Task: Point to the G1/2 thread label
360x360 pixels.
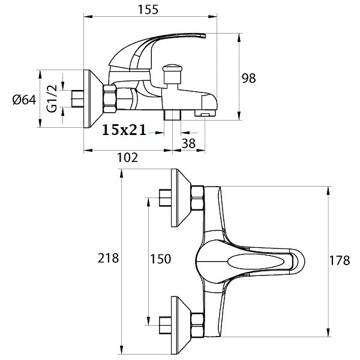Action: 52,100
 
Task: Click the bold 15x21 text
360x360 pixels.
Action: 124,130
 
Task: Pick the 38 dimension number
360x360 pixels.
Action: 188,143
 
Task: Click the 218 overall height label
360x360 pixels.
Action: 109,259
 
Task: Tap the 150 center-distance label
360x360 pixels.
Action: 161,259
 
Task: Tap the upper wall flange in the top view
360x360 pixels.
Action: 181,197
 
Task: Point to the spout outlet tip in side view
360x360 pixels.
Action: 205,112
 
